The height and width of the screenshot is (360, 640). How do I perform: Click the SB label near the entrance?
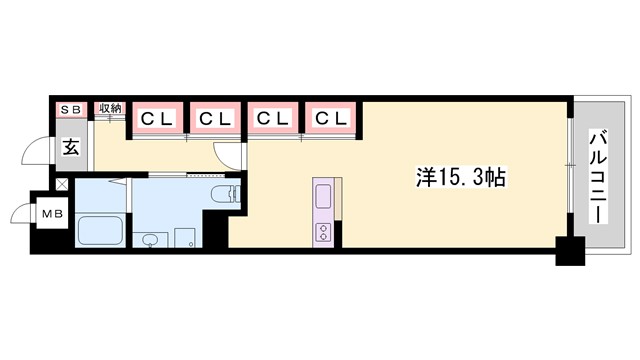tap(71, 108)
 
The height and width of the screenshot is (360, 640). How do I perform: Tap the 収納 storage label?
tap(109, 108)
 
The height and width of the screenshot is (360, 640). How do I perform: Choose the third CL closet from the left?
tap(272, 119)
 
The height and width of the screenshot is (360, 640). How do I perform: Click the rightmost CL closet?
tap(331, 119)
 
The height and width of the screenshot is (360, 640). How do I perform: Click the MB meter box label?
tap(48, 213)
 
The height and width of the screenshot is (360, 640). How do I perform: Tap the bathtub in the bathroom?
tap(99, 231)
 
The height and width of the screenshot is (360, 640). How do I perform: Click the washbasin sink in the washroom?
tap(149, 240)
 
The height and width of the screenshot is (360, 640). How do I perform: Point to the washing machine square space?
tap(184, 238)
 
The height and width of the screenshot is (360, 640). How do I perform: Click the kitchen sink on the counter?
tap(326, 195)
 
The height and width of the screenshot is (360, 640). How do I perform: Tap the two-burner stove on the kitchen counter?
tap(326, 232)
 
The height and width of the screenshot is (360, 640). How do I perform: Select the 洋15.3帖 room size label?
tap(461, 177)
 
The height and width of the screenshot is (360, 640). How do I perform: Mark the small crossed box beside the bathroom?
tap(63, 184)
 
